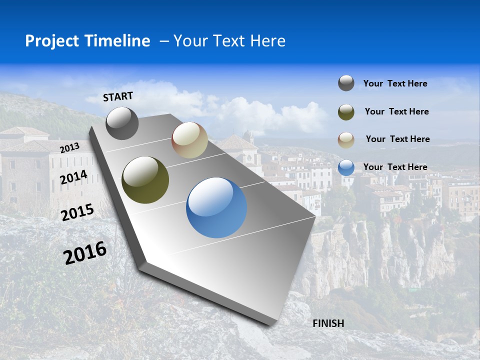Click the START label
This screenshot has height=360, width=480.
click(118, 96)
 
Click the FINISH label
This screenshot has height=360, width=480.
click(328, 323)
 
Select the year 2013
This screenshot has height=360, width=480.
click(69, 148)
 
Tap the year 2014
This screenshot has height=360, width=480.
click(74, 177)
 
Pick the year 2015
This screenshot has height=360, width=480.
click(77, 212)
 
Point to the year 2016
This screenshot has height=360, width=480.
click(85, 253)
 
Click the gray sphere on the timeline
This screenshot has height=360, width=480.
click(122, 123)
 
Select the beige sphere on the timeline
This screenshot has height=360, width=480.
click(189, 140)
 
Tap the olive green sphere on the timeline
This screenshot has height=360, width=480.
click(145, 180)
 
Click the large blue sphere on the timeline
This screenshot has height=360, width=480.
click(216, 207)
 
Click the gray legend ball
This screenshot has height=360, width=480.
click(346, 83)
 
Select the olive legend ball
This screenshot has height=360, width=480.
click(346, 111)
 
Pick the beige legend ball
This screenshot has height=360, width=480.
click(346, 139)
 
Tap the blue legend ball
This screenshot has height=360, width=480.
click(346, 167)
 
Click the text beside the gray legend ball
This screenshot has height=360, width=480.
click(395, 84)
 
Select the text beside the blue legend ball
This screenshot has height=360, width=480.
click(395, 167)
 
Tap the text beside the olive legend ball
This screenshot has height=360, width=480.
click(396, 111)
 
